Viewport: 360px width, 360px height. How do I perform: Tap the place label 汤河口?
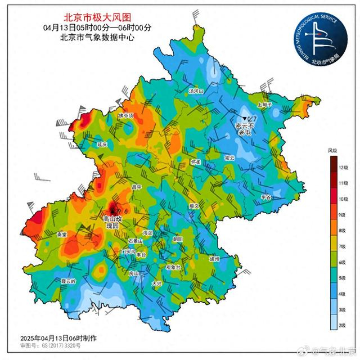(x=196, y=90)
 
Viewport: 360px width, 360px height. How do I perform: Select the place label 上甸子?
(x=264, y=104)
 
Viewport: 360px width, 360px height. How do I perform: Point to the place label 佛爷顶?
(x=125, y=115)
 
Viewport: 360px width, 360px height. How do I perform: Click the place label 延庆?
(x=102, y=145)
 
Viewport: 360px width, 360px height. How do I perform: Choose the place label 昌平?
(x=136, y=187)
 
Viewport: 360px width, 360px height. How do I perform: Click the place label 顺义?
(x=195, y=206)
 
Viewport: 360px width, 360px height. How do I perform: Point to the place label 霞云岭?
(x=68, y=280)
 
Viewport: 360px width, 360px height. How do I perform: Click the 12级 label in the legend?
(x=342, y=168)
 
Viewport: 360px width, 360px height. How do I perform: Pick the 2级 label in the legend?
(x=342, y=326)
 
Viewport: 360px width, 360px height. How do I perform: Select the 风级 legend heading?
(x=332, y=151)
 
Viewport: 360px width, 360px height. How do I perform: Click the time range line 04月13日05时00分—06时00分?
(x=97, y=28)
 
